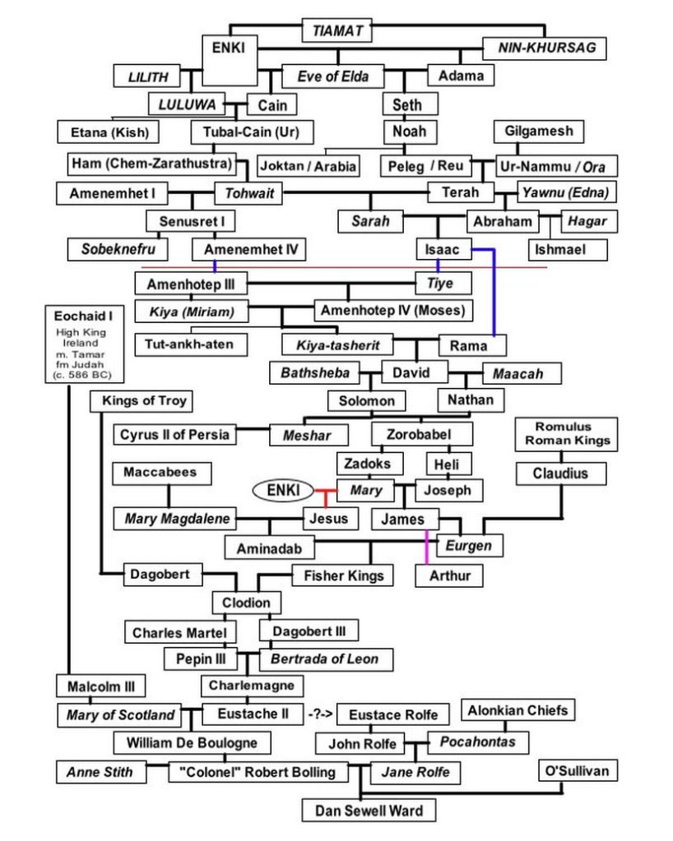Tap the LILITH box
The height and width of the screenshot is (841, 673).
(x=148, y=77)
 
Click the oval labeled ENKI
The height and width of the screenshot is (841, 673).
(x=282, y=491)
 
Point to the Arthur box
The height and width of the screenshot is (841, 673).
(x=450, y=575)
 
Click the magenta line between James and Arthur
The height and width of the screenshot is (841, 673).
(x=426, y=547)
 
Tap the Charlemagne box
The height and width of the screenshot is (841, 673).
(x=251, y=685)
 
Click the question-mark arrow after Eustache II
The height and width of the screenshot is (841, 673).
(x=320, y=714)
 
